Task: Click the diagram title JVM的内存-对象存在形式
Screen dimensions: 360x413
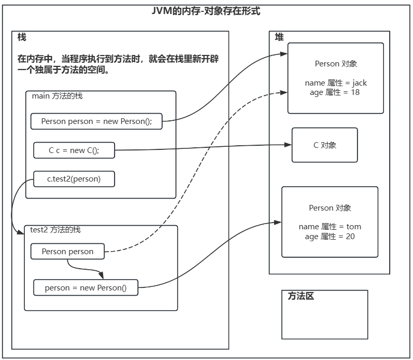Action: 206,11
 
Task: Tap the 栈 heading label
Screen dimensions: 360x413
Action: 21,38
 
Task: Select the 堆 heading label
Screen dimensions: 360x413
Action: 279,37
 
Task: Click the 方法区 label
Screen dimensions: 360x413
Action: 301,296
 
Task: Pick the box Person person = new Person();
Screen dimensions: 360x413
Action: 97,121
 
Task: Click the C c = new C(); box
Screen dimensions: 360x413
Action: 74,150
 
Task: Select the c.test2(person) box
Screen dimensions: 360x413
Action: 74,179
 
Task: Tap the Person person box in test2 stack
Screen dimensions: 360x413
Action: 68,252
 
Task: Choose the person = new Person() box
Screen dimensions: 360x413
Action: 86,287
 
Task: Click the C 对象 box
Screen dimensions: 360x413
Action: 325,145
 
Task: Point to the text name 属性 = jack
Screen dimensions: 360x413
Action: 336,83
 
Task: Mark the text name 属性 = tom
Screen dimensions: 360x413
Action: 330,227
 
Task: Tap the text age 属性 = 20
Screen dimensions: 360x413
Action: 330,237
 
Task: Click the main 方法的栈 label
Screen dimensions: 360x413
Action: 57,96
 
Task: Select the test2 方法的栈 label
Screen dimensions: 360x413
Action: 55,229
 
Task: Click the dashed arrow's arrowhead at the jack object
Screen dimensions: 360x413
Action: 284,92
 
